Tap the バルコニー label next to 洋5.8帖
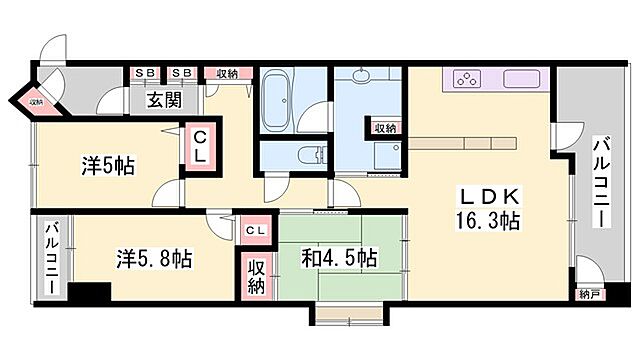pos(51,257)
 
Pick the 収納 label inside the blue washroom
pos(385,127)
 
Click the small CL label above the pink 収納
pos(255,232)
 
